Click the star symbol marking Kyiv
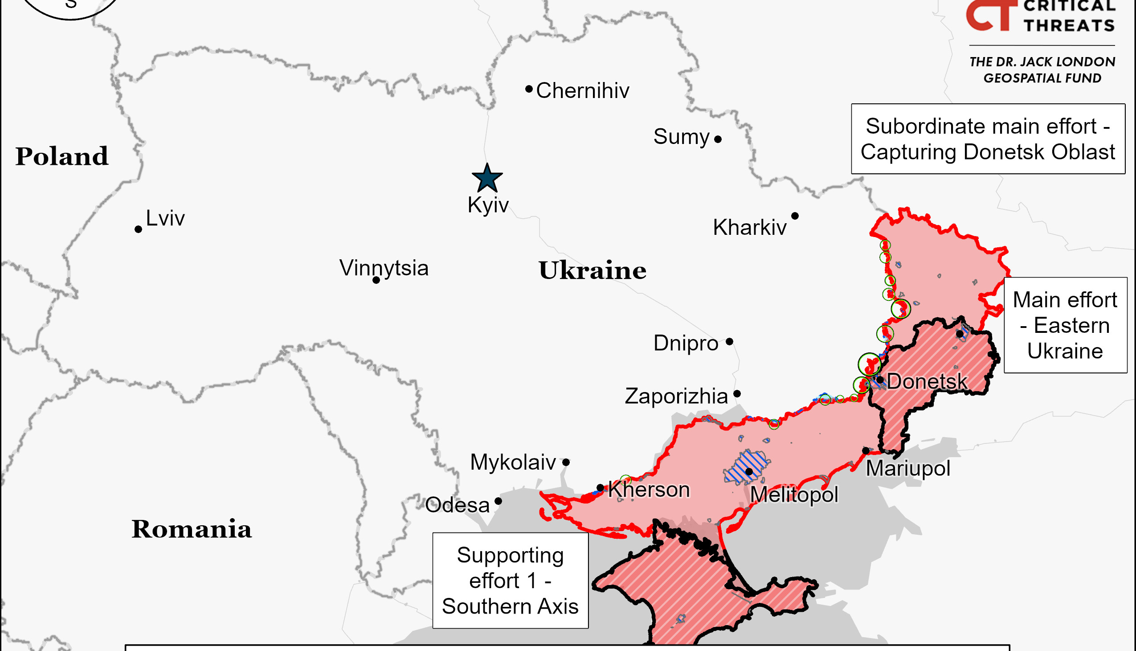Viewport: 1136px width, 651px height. [487, 178]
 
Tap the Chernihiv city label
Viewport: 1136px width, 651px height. [582, 91]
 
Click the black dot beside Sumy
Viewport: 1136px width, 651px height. [718, 139]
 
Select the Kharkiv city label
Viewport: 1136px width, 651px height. [749, 228]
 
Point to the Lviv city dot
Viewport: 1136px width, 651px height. [138, 229]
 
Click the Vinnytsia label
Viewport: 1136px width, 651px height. [384, 268]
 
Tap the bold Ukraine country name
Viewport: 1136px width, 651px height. [592, 270]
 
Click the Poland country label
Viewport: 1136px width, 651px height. [61, 156]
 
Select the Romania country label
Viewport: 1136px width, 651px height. [191, 529]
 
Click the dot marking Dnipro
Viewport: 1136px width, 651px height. [729, 342]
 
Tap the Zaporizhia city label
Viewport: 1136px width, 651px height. [676, 396]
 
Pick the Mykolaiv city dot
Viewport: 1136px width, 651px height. [566, 462]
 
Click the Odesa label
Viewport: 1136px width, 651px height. [457, 505]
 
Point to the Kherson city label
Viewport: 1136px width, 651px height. [649, 490]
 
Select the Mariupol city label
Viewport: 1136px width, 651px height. [907, 469]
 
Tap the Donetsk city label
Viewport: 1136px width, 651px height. [927, 381]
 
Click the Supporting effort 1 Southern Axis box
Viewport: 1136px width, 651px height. [510, 580]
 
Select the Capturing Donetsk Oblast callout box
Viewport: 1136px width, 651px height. [988, 139]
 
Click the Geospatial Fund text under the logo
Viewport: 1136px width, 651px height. [1042, 70]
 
